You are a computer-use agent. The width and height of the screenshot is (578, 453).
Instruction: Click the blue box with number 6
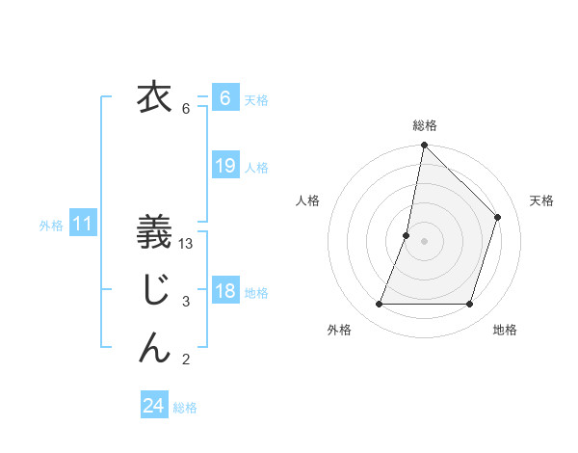tap(224, 98)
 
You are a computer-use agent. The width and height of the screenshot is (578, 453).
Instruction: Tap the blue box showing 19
tap(224, 166)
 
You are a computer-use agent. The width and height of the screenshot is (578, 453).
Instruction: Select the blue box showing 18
tap(224, 291)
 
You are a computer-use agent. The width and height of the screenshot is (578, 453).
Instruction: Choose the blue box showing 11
tap(83, 225)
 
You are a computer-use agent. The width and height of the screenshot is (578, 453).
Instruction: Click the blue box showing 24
tap(153, 406)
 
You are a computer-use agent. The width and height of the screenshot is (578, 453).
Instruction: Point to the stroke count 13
tap(187, 244)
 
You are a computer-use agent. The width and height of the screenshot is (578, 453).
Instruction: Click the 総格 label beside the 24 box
tap(185, 408)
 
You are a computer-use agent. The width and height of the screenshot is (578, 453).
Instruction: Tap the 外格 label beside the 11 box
tap(51, 226)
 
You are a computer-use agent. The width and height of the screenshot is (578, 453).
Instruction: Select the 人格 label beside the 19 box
tap(256, 168)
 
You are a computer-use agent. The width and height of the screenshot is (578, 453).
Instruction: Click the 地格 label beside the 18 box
tap(256, 293)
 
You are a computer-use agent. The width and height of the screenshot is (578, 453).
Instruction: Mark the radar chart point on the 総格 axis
tap(424, 147)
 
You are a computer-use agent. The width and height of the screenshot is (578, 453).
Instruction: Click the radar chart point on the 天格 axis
tap(498, 217)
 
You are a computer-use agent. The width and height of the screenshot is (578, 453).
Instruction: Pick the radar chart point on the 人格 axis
tap(407, 235)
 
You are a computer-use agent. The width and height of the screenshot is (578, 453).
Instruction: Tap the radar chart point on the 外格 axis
tap(379, 305)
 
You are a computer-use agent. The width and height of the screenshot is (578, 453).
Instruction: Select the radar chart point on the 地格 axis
tap(470, 305)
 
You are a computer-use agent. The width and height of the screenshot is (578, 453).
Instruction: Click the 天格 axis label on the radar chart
tap(541, 200)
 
